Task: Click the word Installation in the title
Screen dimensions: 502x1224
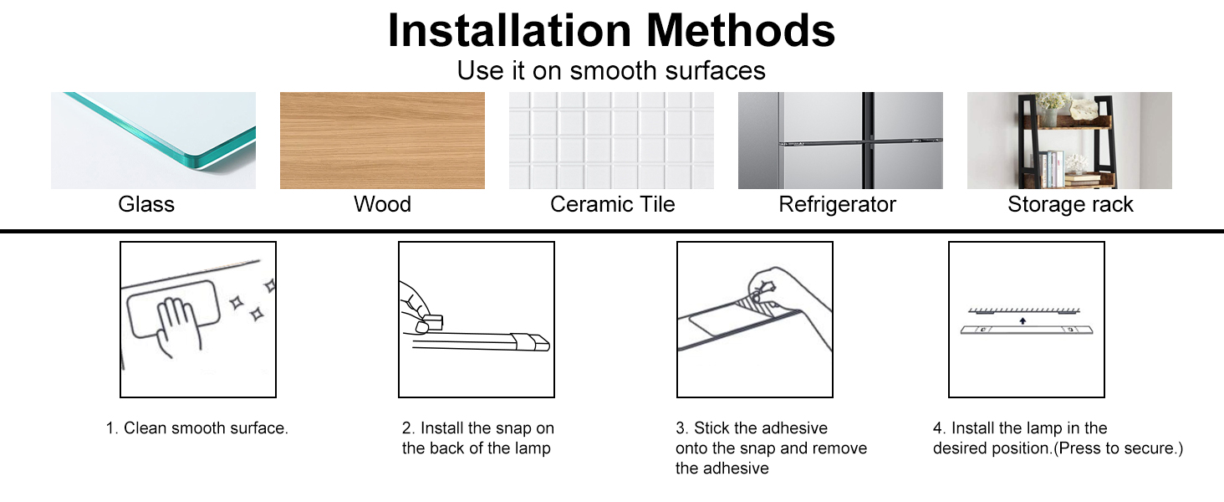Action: point(511,31)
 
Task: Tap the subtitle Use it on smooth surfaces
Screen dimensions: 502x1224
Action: point(611,70)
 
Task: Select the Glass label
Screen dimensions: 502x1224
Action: point(146,204)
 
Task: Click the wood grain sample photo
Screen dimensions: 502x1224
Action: point(382,141)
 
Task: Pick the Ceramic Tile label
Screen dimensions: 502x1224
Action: point(612,204)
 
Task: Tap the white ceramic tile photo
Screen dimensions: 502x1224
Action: point(611,141)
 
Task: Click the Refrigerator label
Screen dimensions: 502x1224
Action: point(837,204)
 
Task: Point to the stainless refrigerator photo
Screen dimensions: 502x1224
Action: point(840,141)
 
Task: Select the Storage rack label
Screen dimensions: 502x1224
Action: point(1070,204)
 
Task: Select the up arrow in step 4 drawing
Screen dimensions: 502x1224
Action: point(1023,319)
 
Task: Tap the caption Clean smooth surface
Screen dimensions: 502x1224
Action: point(196,428)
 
